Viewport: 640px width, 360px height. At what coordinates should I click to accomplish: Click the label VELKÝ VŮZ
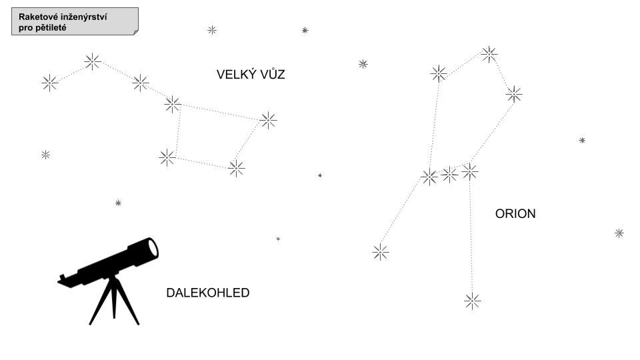click(x=251, y=75)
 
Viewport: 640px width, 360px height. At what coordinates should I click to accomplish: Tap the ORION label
click(x=515, y=214)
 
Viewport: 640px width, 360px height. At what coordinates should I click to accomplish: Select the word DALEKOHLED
click(x=207, y=293)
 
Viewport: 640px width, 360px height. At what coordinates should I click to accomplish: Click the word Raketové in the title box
click(x=39, y=17)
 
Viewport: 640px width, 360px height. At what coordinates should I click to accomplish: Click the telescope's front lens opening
click(x=153, y=247)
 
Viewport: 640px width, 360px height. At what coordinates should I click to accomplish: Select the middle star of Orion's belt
click(x=450, y=175)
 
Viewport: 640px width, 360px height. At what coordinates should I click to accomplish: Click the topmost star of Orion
click(x=489, y=55)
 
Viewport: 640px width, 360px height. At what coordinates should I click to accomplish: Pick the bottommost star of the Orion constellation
click(x=472, y=301)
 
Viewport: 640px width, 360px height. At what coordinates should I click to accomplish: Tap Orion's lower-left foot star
click(x=380, y=252)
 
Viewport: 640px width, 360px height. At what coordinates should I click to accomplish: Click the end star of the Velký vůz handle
click(x=50, y=83)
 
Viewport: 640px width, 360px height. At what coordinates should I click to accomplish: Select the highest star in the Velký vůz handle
click(x=93, y=61)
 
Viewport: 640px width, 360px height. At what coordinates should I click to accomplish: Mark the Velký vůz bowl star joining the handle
click(x=172, y=104)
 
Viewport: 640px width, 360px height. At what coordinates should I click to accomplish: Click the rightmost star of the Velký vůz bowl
click(x=268, y=120)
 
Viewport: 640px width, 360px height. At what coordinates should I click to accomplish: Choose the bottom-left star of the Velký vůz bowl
click(x=167, y=157)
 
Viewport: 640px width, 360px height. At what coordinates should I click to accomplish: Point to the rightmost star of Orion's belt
click(x=470, y=171)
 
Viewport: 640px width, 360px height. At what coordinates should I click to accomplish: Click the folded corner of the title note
click(x=135, y=31)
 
